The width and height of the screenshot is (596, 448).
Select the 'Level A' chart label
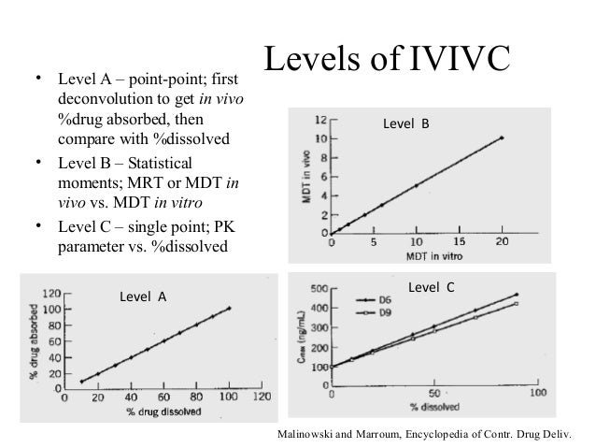pyautogui.click(x=143, y=296)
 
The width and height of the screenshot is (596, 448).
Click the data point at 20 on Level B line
pyautogui.click(x=502, y=137)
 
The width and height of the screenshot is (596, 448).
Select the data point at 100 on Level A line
pyautogui.click(x=229, y=308)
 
